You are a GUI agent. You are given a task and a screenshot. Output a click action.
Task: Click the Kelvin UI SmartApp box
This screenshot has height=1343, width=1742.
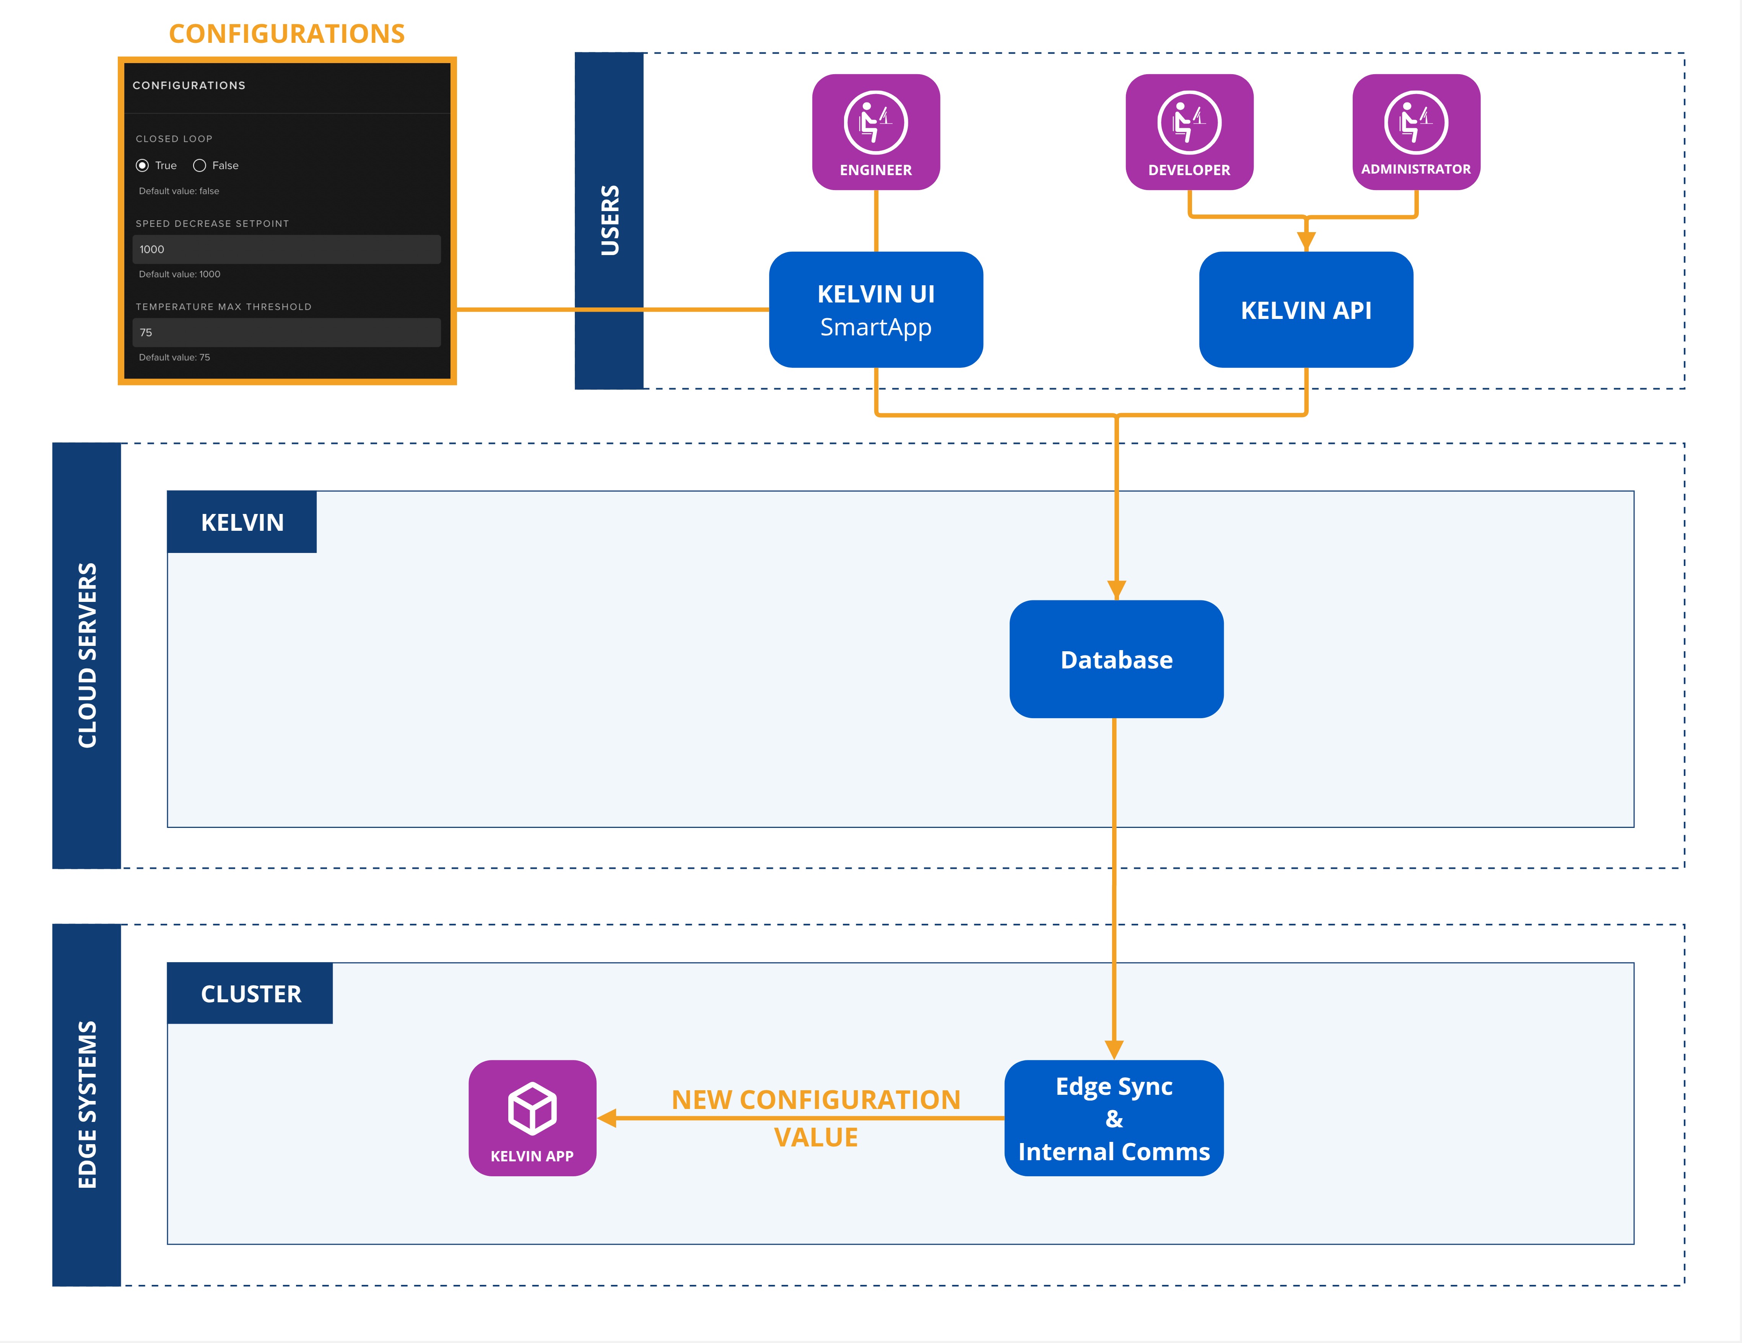[x=876, y=309]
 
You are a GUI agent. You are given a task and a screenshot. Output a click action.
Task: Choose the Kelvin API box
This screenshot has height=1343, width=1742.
[x=1306, y=309]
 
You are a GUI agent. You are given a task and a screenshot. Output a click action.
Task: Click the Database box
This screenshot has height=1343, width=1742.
[x=1116, y=660]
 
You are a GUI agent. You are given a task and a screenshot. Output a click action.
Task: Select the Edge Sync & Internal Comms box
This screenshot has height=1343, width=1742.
[x=1114, y=1118]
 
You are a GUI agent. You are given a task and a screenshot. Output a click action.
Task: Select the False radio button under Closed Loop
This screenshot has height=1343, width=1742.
[x=199, y=165]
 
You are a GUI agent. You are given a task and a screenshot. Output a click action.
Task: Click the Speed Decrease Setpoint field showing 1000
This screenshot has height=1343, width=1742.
[x=286, y=249]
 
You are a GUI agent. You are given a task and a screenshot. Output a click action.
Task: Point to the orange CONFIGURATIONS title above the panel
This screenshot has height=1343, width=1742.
[x=286, y=34]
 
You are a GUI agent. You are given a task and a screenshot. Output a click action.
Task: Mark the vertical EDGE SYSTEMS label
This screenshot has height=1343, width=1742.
[x=87, y=1104]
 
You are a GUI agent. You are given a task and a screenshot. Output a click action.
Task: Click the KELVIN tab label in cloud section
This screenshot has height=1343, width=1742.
[x=242, y=522]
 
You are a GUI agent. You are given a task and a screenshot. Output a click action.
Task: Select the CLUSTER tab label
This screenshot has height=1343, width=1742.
[x=250, y=994]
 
